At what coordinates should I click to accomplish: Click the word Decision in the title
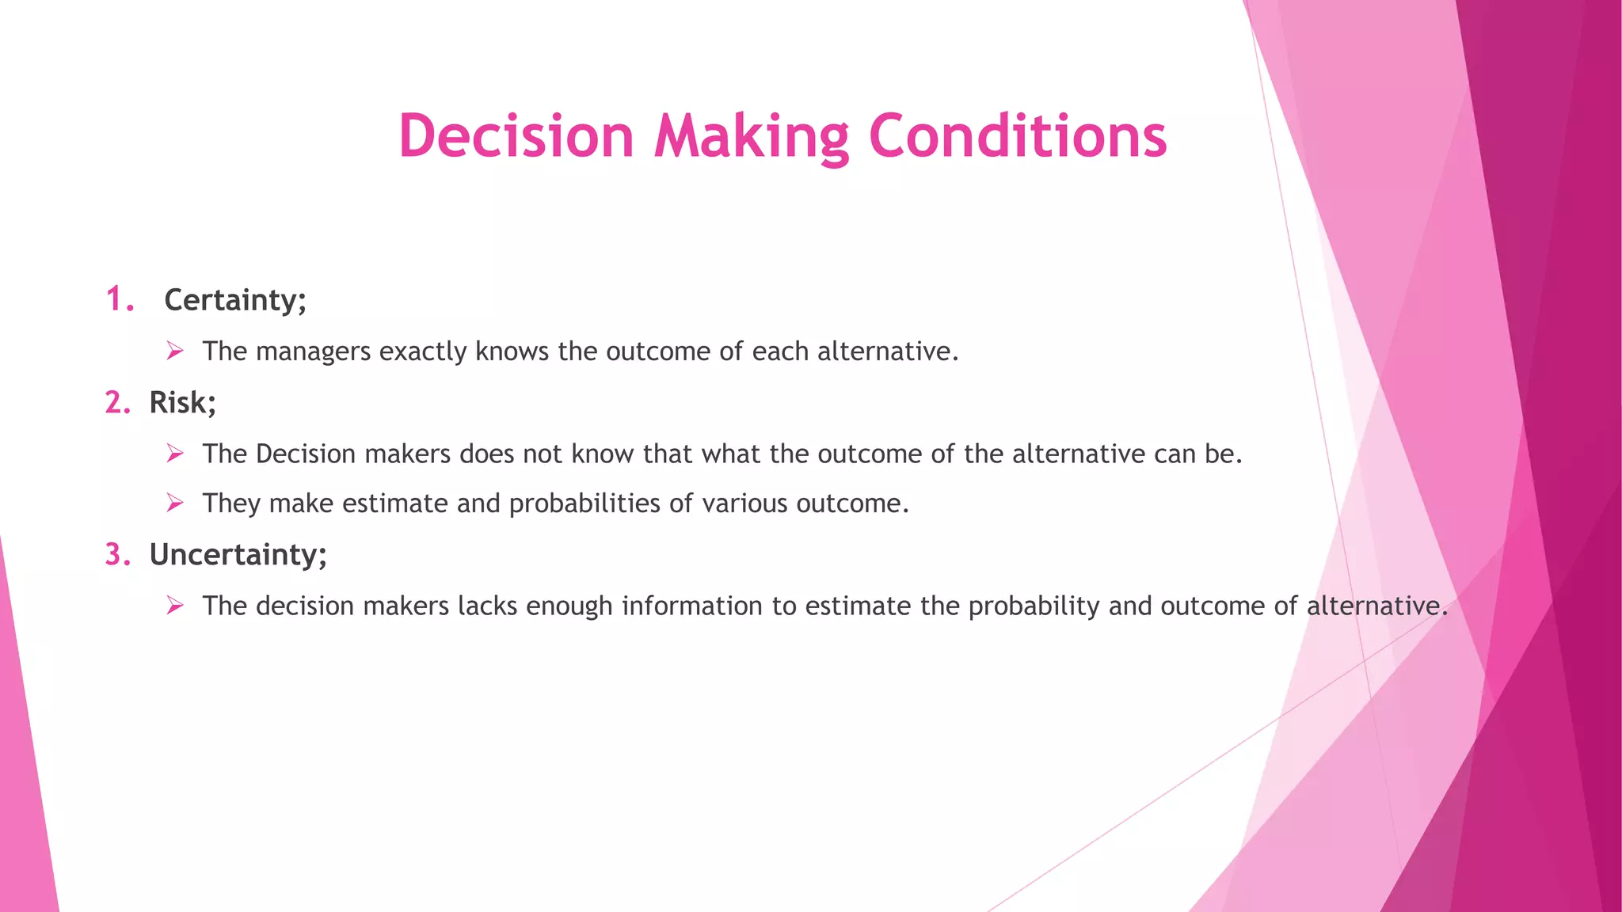point(516,136)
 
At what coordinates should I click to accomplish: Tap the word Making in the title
point(751,136)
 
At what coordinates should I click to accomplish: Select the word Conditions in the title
point(1018,136)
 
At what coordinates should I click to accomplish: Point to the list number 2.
point(117,403)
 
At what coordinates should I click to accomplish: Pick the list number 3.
point(117,555)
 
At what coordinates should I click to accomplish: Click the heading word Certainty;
point(235,300)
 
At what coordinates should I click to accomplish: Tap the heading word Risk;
point(182,403)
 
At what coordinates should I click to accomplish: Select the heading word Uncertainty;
point(238,555)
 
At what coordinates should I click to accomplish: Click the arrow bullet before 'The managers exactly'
point(175,351)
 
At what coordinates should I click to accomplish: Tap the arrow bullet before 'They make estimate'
point(175,503)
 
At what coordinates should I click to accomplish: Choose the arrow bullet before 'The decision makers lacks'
point(175,606)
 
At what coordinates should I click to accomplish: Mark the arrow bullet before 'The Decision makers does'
point(175,454)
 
